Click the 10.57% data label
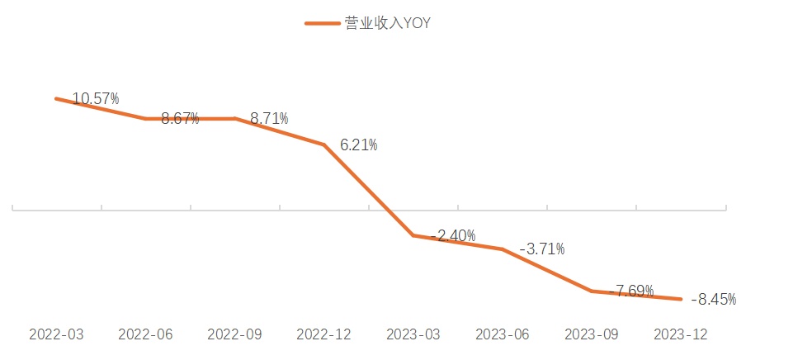tap(96, 99)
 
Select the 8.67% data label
tap(180, 118)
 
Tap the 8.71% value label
tap(269, 118)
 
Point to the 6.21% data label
tap(359, 145)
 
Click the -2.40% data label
tap(453, 236)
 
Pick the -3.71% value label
tap(542, 249)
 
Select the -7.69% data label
tap(631, 291)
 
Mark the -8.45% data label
tap(714, 299)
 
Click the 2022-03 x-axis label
tap(56, 334)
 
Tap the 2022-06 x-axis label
tap(145, 334)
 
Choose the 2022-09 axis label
tap(234, 334)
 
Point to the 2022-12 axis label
tap(323, 334)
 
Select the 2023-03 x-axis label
tap(413, 334)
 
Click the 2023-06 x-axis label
tap(503, 334)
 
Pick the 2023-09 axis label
tap(592, 334)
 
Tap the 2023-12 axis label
tap(681, 334)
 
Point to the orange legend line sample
tap(322, 23)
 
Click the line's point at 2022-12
tap(323, 144)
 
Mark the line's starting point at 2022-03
tap(56, 98)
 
